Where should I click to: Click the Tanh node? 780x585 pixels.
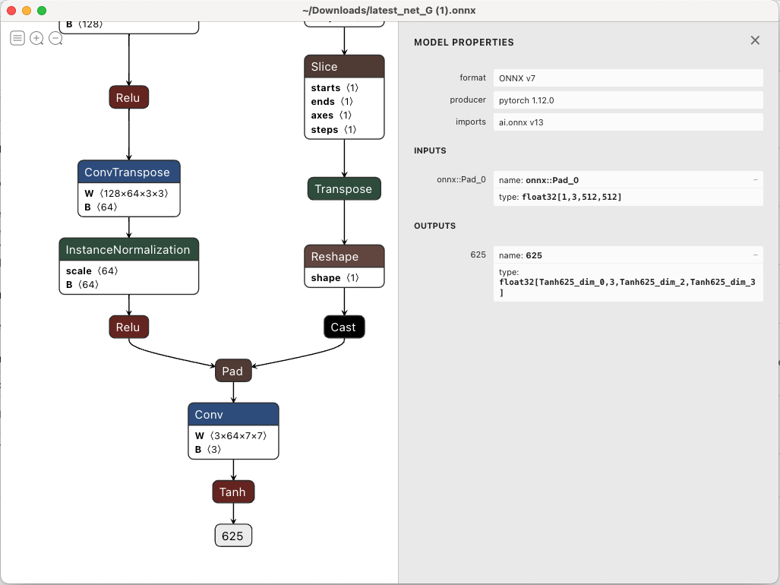(232, 492)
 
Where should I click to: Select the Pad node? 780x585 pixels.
(232, 371)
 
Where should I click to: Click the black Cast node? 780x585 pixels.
(343, 327)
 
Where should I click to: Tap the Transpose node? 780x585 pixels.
(343, 189)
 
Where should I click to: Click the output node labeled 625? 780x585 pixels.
(232, 536)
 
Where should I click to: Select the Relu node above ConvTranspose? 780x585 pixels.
(128, 96)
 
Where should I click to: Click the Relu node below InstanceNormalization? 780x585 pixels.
(128, 327)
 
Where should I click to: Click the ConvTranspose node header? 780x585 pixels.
(128, 172)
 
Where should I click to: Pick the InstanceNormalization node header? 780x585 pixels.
(128, 249)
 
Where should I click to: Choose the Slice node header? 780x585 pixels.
(344, 66)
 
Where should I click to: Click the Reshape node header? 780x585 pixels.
(344, 256)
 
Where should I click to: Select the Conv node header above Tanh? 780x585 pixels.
(233, 414)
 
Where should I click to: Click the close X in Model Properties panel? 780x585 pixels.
(755, 40)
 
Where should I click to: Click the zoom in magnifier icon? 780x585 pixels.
(36, 38)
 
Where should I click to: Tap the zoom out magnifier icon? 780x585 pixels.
(55, 38)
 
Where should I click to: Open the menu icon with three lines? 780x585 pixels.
(17, 38)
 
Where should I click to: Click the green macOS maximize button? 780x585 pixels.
(42, 11)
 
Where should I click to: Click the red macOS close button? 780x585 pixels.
(11, 11)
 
